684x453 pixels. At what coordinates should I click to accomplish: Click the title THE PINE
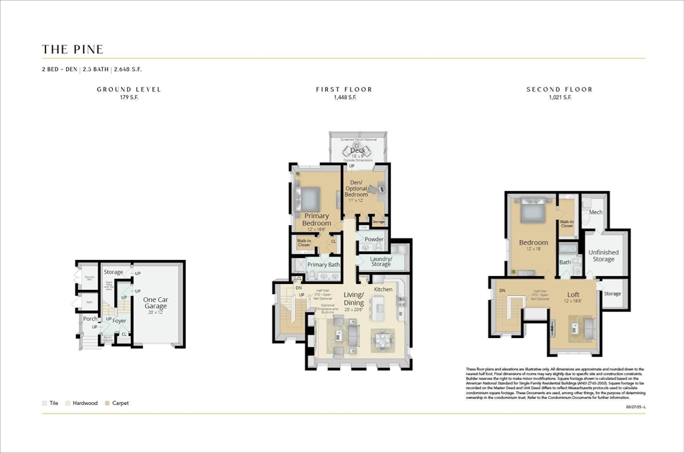[x=73, y=49]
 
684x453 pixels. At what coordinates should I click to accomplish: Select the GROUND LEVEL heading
[x=129, y=90]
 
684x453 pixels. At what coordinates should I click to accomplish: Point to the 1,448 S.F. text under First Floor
[x=344, y=98]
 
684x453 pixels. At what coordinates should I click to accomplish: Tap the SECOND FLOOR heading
[x=559, y=90]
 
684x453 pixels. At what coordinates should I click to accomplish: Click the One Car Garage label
[x=156, y=303]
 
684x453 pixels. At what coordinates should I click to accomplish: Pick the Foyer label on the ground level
[x=119, y=321]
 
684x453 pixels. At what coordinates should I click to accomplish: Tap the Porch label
[x=90, y=319]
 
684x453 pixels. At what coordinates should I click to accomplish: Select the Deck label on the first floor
[x=357, y=150]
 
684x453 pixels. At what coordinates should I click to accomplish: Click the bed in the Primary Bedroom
[x=309, y=198]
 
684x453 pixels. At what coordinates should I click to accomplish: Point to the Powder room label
[x=373, y=239]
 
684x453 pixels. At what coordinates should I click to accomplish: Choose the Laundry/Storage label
[x=381, y=261]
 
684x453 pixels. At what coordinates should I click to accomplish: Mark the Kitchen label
[x=383, y=289]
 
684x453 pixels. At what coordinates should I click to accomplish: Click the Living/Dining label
[x=353, y=299]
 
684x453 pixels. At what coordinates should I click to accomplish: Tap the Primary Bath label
[x=323, y=265]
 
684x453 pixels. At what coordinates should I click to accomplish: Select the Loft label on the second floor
[x=573, y=295]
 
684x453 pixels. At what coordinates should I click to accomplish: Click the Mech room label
[x=596, y=212]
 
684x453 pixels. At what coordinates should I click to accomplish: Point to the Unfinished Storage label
[x=603, y=256]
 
